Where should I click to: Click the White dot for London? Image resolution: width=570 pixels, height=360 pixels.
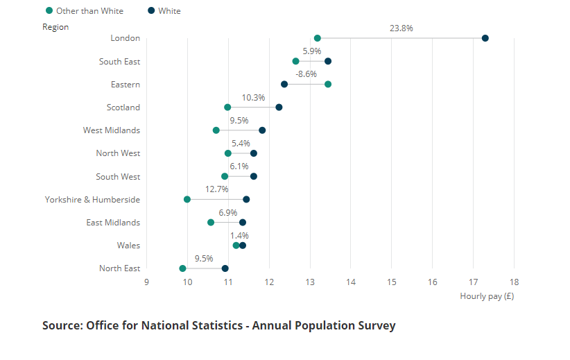[485, 38]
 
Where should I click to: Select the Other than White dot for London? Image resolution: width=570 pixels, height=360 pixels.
[318, 38]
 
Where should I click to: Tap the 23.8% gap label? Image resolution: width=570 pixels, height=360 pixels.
[401, 28]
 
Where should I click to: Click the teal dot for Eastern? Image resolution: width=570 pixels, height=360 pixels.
[328, 85]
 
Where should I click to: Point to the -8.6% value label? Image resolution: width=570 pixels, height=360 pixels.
[306, 74]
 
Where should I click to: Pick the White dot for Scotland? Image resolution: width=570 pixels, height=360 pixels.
[279, 108]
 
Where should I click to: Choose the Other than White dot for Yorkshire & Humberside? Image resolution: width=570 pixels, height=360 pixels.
[187, 200]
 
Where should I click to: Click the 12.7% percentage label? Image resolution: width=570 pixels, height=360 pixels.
[216, 189]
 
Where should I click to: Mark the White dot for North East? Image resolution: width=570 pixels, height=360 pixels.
[225, 268]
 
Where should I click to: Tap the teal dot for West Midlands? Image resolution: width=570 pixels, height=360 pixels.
[216, 130]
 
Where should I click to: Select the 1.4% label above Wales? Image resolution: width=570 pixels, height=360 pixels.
[239, 236]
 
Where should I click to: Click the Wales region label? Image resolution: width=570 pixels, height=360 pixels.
[128, 246]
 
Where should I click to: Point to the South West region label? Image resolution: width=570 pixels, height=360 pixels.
[118, 177]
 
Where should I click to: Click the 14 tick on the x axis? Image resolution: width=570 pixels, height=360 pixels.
[351, 282]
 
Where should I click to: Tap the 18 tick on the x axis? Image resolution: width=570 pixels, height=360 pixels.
[514, 282]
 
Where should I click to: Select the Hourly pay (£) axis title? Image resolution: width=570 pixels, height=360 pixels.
[487, 296]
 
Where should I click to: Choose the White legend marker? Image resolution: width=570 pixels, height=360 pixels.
[152, 11]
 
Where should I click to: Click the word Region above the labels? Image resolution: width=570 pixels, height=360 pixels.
[55, 27]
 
